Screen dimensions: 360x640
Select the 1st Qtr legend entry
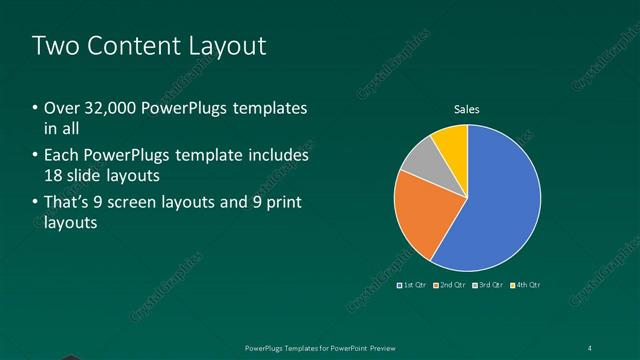(x=414, y=285)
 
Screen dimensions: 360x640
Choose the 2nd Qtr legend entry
(x=452, y=285)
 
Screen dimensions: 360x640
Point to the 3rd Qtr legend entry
(x=490, y=285)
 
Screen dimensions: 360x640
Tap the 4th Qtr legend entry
(x=527, y=285)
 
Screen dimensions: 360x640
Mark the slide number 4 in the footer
(x=590, y=347)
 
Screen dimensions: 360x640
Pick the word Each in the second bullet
(x=62, y=156)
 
